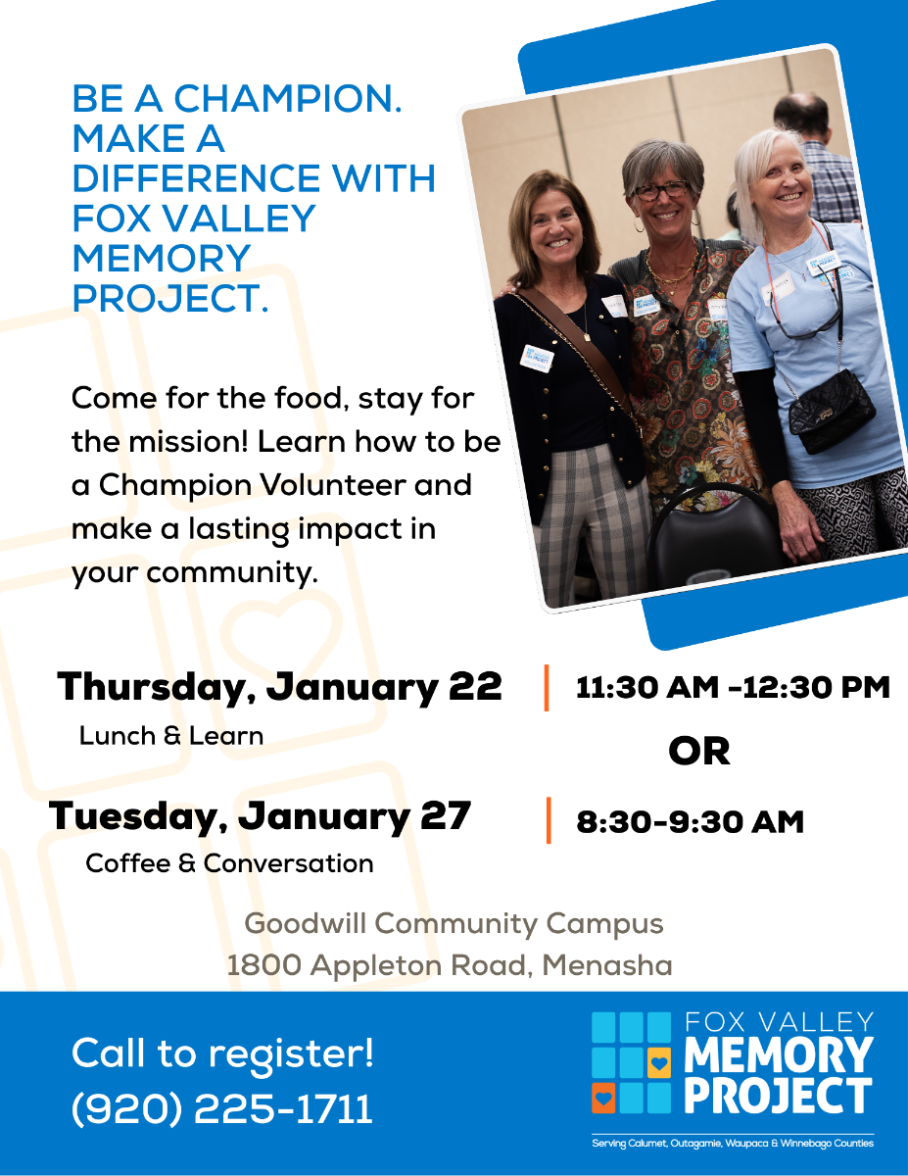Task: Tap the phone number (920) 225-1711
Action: click(222, 1109)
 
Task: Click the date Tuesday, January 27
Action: click(260, 817)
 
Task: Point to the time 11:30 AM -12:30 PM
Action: click(733, 687)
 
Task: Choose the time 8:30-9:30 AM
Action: click(690, 821)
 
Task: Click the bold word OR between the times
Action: click(699, 751)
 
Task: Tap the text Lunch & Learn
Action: click(171, 736)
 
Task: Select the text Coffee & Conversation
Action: click(230, 863)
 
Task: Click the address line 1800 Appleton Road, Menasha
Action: click(450, 965)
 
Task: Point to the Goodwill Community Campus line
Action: click(454, 924)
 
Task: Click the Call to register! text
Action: click(222, 1053)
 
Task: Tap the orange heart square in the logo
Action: click(603, 1098)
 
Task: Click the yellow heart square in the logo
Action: click(658, 1063)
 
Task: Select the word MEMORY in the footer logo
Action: click(779, 1054)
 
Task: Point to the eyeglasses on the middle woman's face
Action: click(661, 190)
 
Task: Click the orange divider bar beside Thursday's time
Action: click(547, 687)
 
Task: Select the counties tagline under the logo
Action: click(733, 1144)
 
